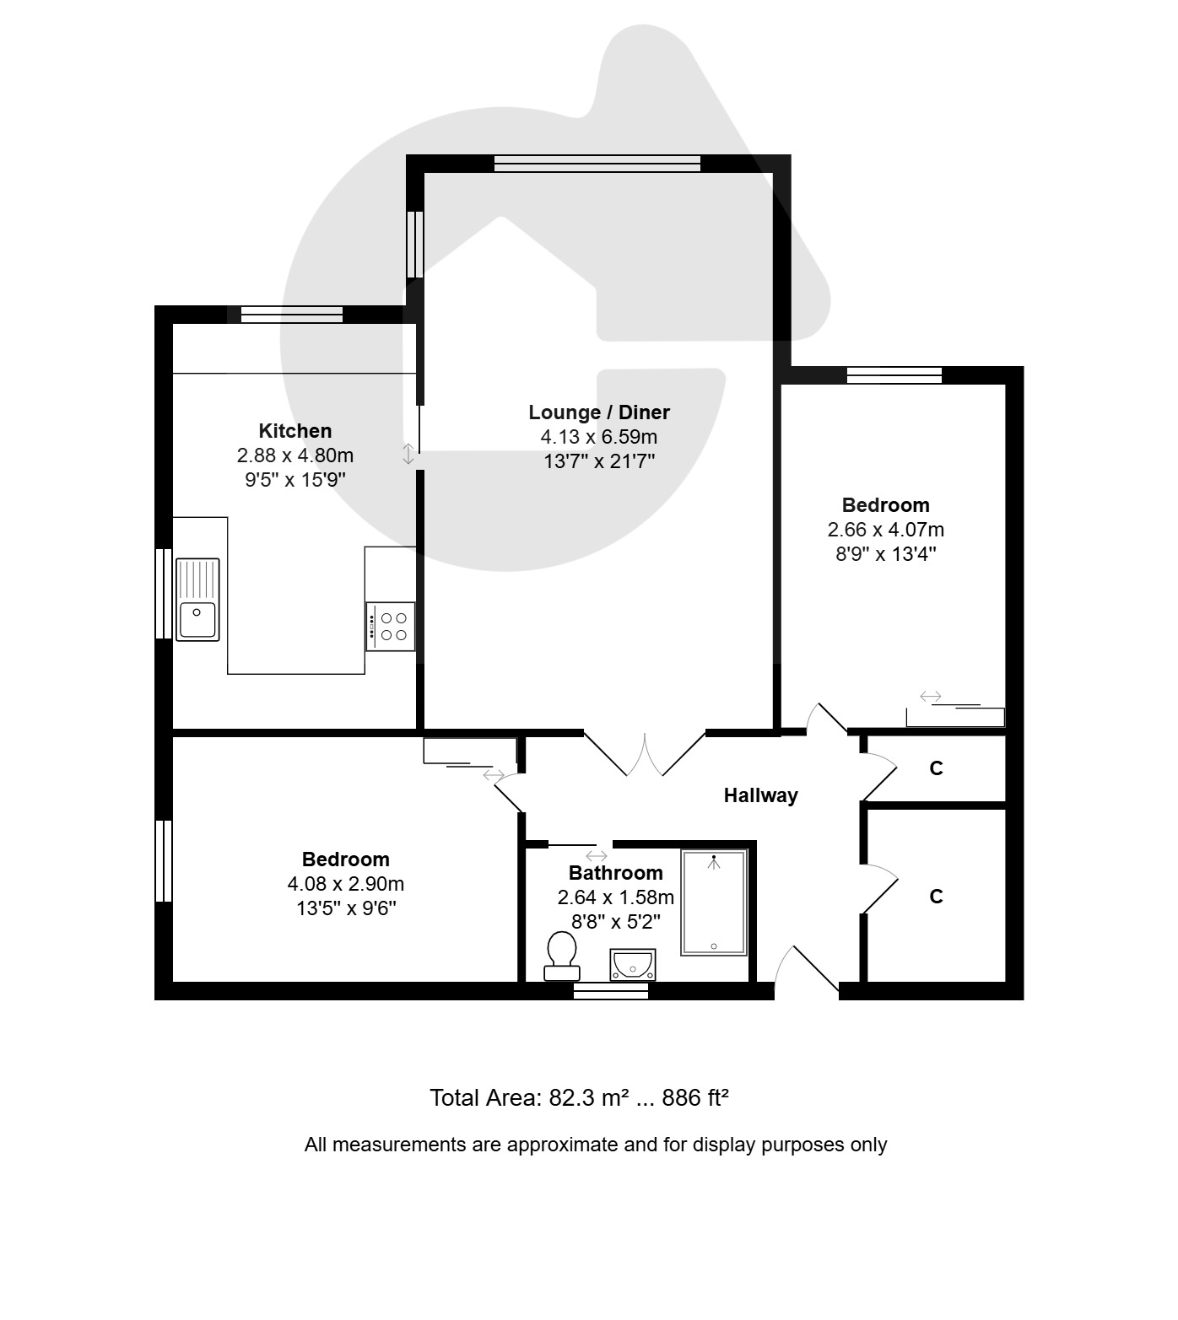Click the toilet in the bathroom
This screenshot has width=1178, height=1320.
coord(561,956)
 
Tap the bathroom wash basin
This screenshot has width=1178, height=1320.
coord(633,964)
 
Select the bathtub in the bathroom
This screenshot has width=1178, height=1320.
coord(715,902)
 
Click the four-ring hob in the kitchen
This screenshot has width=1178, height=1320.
coord(391,626)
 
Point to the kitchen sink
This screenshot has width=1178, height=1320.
coord(197,599)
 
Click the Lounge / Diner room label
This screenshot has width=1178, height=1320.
coord(599,412)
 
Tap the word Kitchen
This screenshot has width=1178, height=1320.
coord(295,431)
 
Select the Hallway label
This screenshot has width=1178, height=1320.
coord(761,795)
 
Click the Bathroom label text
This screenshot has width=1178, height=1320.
coord(616,873)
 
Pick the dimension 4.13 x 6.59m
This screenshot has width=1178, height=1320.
coord(599,437)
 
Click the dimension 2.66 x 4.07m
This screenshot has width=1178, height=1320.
coord(886,530)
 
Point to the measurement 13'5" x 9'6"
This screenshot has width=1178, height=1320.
coord(346,908)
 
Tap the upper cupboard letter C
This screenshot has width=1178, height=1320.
coord(936,768)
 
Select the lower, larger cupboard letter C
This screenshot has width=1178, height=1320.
coord(936,897)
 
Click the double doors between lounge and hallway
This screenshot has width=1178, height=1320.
coord(645,753)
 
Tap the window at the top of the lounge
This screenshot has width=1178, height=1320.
coord(597,164)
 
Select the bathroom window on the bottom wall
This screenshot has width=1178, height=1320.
coord(611,991)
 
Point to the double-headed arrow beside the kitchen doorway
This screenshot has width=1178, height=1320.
coord(408,454)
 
